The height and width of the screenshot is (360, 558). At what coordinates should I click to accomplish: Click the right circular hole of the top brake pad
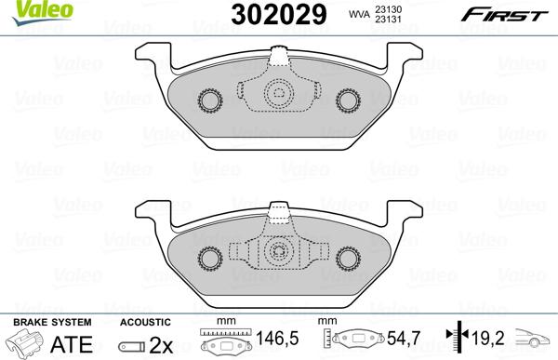tap(349, 100)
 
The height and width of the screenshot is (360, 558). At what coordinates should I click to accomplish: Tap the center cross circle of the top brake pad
tap(277, 93)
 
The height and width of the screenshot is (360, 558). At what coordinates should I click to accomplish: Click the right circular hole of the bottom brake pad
tap(349, 255)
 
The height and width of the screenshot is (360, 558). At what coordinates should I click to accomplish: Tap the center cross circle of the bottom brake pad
tap(277, 252)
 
